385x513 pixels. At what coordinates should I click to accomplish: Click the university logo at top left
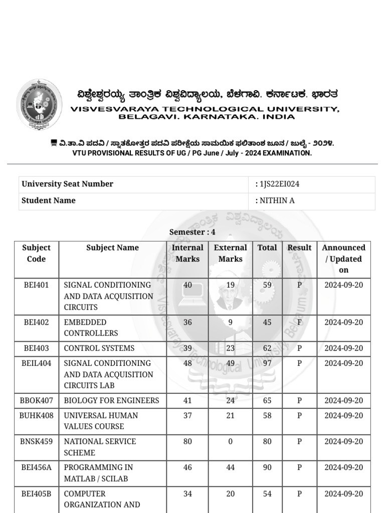(40, 105)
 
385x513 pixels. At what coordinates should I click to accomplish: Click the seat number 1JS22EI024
(279, 184)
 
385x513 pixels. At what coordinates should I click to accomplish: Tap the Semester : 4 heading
(192, 232)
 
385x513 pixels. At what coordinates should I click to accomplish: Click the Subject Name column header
(112, 247)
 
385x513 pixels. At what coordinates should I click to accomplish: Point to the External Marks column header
(230, 253)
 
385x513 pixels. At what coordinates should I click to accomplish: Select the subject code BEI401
(37, 285)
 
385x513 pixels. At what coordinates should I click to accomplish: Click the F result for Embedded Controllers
(299, 322)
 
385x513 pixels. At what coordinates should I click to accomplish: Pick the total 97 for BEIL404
(267, 363)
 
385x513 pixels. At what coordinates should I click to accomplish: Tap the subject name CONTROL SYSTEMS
(99, 348)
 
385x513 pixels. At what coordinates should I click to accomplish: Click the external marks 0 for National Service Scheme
(230, 441)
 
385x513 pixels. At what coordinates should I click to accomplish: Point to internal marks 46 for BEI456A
(187, 467)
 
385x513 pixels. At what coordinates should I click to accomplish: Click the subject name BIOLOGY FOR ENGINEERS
(111, 400)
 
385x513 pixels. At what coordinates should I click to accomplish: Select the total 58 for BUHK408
(267, 415)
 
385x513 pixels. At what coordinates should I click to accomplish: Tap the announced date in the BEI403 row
(343, 348)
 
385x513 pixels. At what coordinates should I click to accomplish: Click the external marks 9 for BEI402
(230, 322)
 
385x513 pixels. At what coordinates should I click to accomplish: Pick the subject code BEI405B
(37, 494)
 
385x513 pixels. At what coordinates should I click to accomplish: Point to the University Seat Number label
(67, 184)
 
